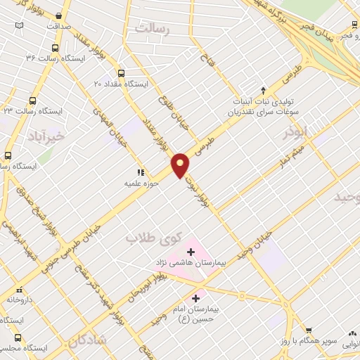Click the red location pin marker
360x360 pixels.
(181, 165)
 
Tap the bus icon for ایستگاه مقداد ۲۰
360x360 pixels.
(122, 72)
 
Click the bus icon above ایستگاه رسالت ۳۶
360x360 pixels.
(56, 48)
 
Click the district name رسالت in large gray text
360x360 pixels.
(153, 30)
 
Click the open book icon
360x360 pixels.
(19, 26)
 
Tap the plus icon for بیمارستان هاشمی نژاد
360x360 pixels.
(191, 251)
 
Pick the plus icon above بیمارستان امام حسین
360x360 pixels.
(195, 298)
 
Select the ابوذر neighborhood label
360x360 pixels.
(296, 131)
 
